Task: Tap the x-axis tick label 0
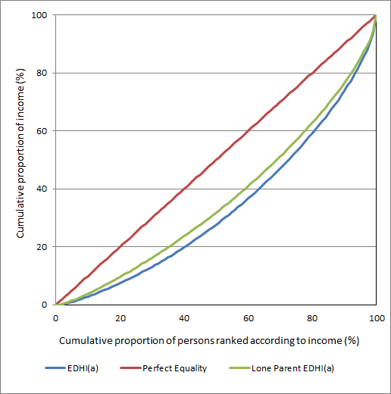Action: (x=56, y=318)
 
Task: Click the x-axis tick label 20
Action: (x=120, y=318)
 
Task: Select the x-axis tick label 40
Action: (x=184, y=318)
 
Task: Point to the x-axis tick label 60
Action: (x=248, y=318)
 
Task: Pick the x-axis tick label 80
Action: (x=312, y=318)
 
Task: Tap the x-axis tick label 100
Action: (x=375, y=318)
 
